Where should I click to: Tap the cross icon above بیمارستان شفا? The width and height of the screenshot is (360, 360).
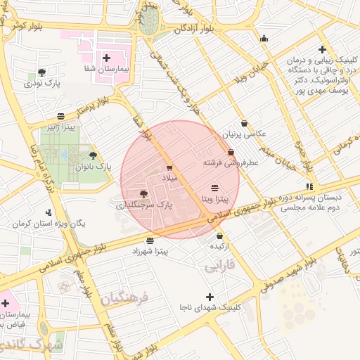coord(106,58)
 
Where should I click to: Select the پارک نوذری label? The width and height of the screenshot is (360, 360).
coord(42,84)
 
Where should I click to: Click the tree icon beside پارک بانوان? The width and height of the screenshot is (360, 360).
coord(93,155)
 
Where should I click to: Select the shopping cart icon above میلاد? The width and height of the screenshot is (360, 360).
coord(169,167)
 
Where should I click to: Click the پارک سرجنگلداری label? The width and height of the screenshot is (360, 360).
coord(143,205)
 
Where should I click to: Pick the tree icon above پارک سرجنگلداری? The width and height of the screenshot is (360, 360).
coord(143,193)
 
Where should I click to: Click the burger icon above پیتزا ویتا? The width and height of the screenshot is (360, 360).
coord(214,188)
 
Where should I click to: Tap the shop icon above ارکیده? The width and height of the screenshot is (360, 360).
coord(220,236)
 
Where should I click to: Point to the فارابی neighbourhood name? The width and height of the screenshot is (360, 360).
coord(219,268)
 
